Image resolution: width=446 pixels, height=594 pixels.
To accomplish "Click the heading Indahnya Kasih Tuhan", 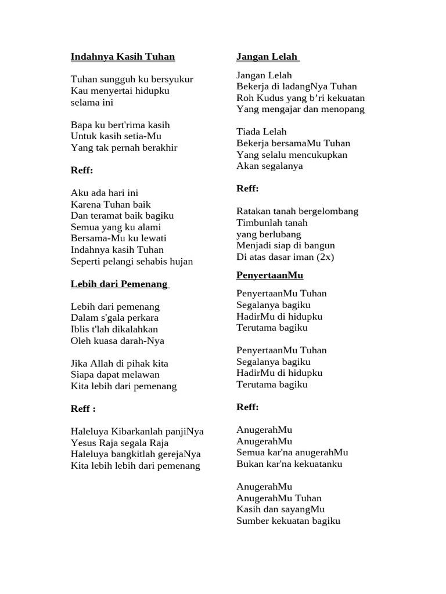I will pyautogui.click(x=123, y=57).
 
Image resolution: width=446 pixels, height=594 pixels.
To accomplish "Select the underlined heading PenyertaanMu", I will pyautogui.click(x=270, y=275).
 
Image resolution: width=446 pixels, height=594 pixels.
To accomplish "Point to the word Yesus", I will pyautogui.click(x=83, y=443).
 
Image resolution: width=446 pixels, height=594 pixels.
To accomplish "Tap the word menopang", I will pyautogui.click(x=345, y=109).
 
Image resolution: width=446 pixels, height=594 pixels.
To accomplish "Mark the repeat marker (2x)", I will pyautogui.click(x=325, y=256).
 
